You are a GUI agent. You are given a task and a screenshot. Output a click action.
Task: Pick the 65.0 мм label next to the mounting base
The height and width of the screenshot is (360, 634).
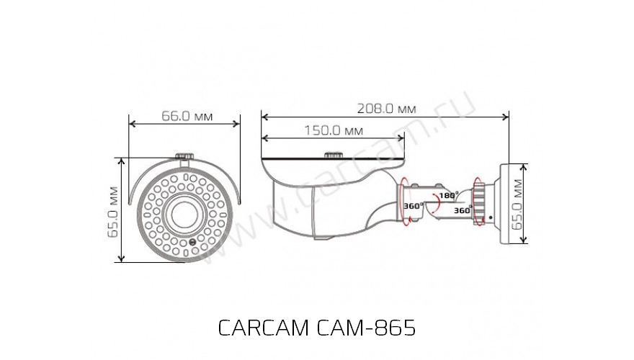pos(517,205)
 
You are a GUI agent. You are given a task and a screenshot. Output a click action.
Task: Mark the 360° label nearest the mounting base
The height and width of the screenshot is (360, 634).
pos(461,211)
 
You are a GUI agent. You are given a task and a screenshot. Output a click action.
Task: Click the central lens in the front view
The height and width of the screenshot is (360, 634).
pos(184,212)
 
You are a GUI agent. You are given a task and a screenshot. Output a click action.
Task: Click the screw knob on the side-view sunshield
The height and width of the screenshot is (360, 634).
pos(333,154)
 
